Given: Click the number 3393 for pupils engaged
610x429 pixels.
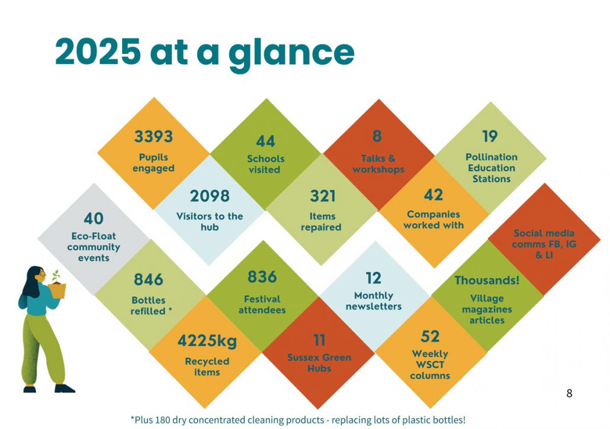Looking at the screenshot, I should pyautogui.click(x=153, y=137).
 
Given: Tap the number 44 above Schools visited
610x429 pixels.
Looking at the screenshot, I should pyautogui.click(x=265, y=141).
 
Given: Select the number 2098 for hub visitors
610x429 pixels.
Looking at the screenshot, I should pyautogui.click(x=210, y=196).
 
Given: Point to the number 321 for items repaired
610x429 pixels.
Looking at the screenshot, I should pyautogui.click(x=323, y=196).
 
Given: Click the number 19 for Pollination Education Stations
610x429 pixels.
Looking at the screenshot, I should pyautogui.click(x=490, y=137).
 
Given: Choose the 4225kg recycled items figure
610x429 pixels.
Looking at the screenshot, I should pyautogui.click(x=207, y=341).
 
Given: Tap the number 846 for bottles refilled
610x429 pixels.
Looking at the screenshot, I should pyautogui.click(x=148, y=279).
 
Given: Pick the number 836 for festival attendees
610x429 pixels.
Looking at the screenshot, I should pyautogui.click(x=262, y=277).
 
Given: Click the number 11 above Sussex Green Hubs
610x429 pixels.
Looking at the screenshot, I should pyautogui.click(x=319, y=340).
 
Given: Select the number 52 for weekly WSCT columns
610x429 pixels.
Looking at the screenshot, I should pyautogui.click(x=430, y=337).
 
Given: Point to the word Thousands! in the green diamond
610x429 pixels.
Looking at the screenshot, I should pyautogui.click(x=487, y=280).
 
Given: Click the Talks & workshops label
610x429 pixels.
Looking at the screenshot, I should pyautogui.click(x=378, y=164).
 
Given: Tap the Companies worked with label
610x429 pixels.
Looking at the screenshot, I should pyautogui.click(x=434, y=220).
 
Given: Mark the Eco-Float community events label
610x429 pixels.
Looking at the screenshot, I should pyautogui.click(x=94, y=247).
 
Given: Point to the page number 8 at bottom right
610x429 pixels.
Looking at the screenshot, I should pyautogui.click(x=570, y=393).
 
